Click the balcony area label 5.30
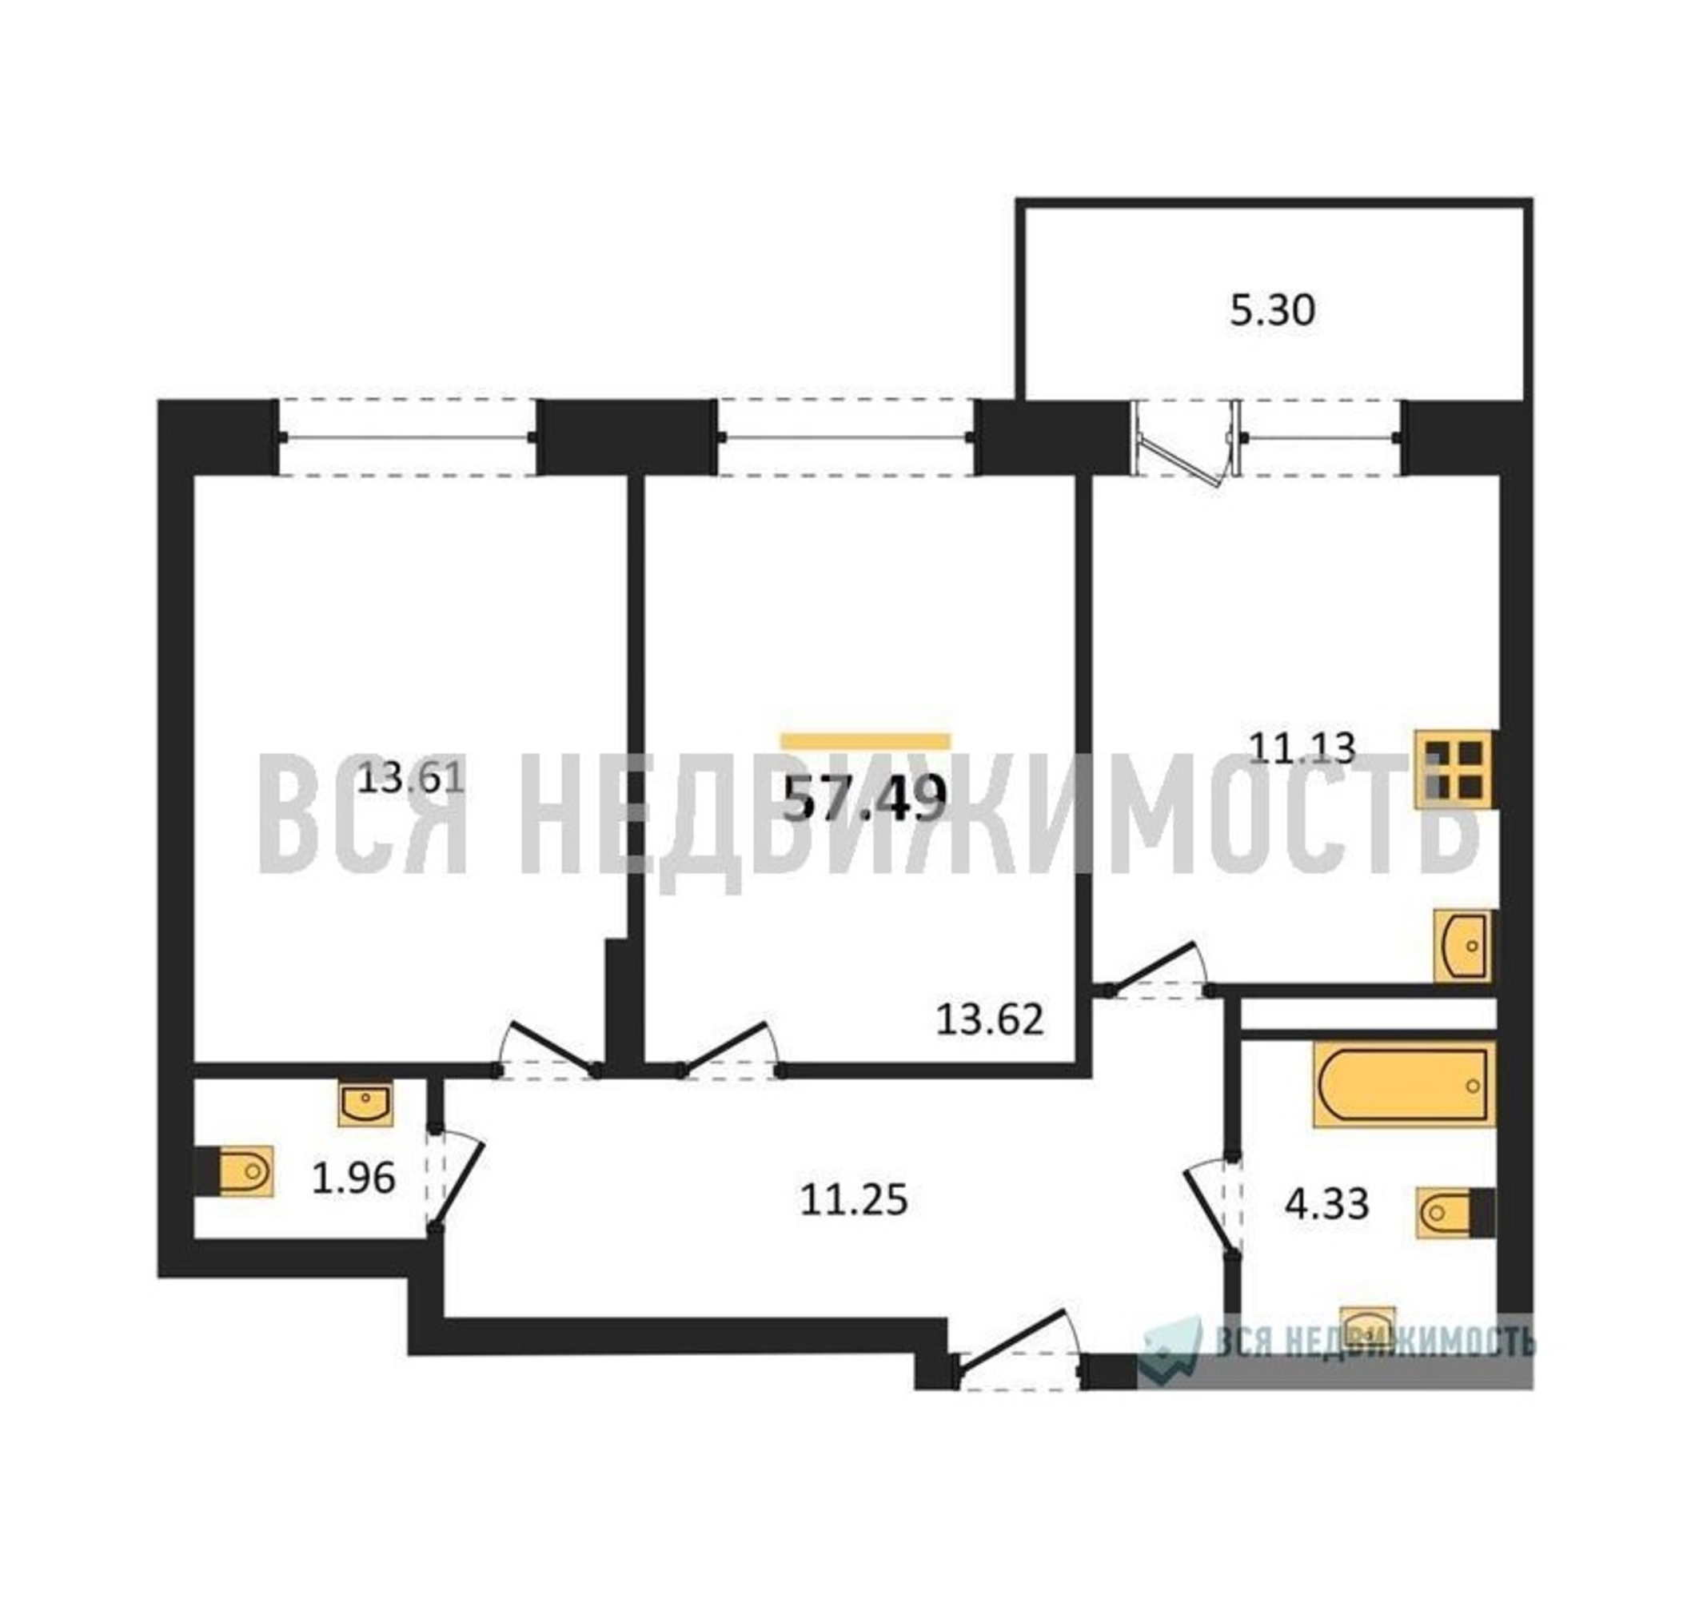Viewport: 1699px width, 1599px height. coord(1272,311)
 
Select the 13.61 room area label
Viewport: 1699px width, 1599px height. coord(411,778)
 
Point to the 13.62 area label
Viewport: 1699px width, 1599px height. coord(990,1019)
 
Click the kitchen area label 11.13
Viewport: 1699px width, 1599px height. coord(1302,748)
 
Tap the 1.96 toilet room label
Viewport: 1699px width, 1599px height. coord(353,1180)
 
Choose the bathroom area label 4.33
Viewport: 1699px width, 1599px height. coord(1327,1204)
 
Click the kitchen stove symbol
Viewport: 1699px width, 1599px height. coord(1454,769)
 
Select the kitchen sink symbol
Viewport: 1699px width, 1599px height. coord(1465,946)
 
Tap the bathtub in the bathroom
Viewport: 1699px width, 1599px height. coord(1404,1084)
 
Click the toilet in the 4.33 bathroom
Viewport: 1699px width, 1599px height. coord(1455,1212)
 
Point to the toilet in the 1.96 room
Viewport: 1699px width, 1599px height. coord(233,1170)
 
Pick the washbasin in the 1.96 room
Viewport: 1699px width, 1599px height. coord(365,1103)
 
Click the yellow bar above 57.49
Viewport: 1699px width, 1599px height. coord(866,742)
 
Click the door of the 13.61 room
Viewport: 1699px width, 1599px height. coord(547,1046)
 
